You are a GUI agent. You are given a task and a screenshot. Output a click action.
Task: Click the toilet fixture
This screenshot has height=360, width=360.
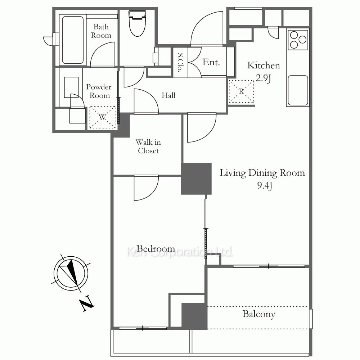[x=137, y=23]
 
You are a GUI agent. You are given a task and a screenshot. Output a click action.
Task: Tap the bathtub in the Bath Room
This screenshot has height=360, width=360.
[x=73, y=40]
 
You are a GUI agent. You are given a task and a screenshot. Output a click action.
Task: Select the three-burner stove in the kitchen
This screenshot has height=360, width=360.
[x=298, y=40]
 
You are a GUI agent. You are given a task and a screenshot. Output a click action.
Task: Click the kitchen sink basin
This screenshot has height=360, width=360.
[x=298, y=90]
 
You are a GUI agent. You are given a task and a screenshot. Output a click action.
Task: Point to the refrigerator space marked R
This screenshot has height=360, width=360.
[x=241, y=91]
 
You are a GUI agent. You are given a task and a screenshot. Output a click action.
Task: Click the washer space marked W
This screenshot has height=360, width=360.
[x=102, y=117]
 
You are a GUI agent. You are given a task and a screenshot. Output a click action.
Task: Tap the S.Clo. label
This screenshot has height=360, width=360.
[x=181, y=62]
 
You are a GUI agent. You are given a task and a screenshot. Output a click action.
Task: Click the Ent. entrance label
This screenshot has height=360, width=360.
[x=211, y=62]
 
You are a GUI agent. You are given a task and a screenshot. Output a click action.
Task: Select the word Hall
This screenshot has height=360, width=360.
[x=168, y=95]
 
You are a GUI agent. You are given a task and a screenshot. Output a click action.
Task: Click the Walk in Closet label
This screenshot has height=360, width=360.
[x=148, y=147]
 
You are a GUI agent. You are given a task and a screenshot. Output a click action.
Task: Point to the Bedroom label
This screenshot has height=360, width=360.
[x=156, y=248]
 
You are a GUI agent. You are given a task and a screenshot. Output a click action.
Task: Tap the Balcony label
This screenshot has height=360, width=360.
[x=259, y=314]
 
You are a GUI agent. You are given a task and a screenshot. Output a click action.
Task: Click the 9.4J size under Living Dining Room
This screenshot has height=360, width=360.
[x=265, y=185]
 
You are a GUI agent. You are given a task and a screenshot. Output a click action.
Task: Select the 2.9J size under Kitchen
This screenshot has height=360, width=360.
[x=264, y=78]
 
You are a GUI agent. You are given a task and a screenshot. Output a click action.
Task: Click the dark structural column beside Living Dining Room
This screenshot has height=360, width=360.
[x=196, y=179]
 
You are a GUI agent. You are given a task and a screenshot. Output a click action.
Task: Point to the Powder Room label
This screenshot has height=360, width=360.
[x=99, y=91]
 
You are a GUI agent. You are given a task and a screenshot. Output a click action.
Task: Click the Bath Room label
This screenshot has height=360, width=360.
[x=101, y=31]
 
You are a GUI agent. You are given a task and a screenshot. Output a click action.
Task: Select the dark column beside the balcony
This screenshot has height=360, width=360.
[x=195, y=316]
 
